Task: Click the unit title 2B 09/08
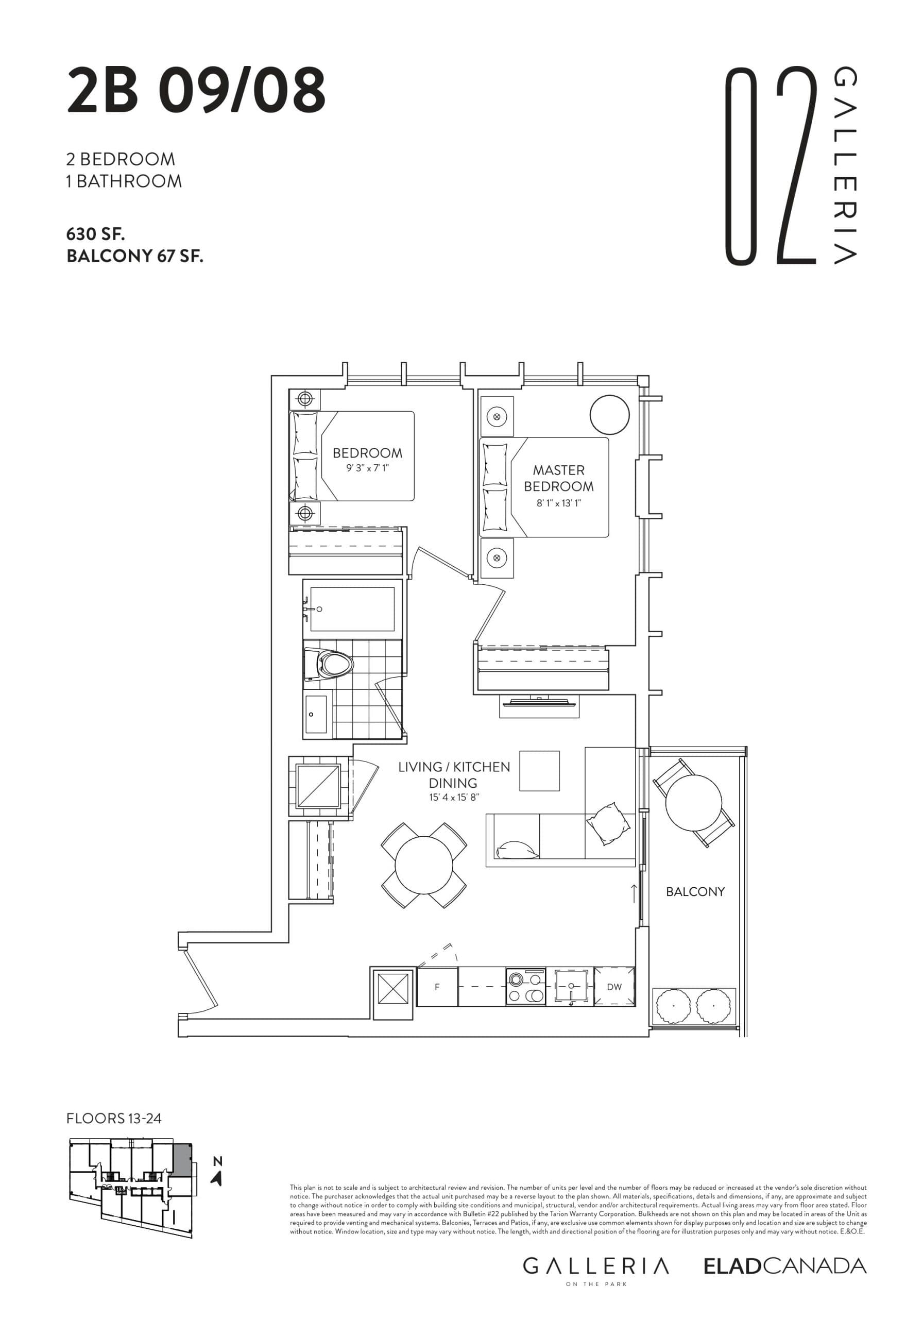196,91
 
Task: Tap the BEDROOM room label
367,453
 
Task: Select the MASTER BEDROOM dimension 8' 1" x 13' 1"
558,504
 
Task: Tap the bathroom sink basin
315,714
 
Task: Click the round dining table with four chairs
424,865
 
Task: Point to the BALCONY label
695,891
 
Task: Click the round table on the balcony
693,802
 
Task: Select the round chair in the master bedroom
610,415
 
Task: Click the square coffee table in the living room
539,771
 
